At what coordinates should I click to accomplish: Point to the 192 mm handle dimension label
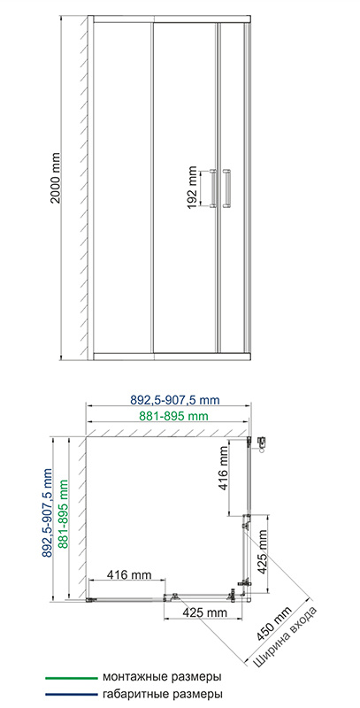tap(193, 188)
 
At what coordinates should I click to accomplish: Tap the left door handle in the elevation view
tap(212, 189)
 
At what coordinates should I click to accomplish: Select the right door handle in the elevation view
tap(226, 189)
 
